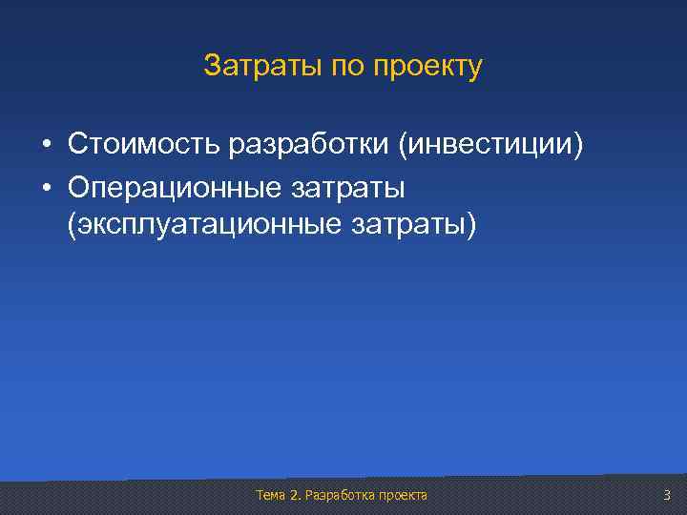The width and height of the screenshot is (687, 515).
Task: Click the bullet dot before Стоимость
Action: point(46,145)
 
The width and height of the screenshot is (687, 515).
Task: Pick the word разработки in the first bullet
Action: point(309,146)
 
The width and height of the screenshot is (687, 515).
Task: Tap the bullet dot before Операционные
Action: point(46,189)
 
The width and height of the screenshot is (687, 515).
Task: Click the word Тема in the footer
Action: point(271,495)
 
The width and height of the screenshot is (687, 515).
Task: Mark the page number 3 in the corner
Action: point(667,494)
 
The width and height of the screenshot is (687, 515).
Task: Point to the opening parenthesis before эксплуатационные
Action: point(72,226)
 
